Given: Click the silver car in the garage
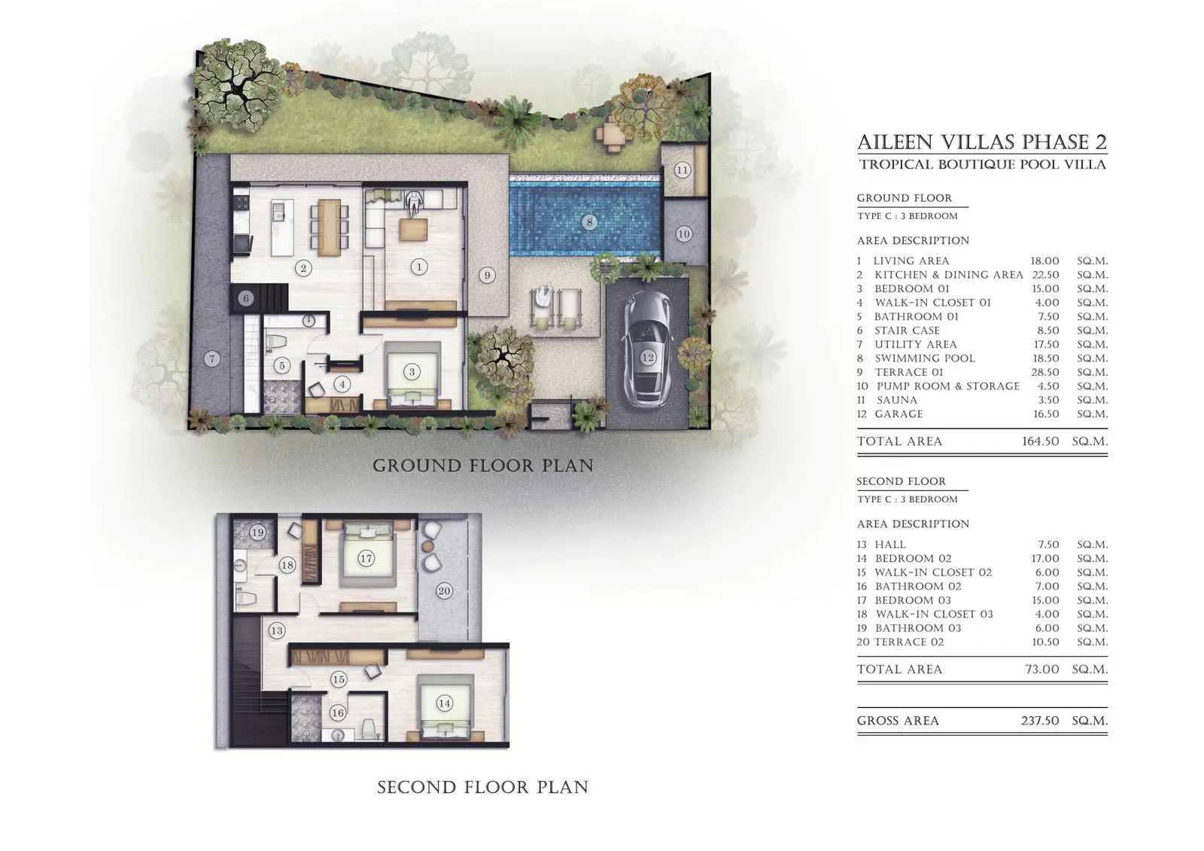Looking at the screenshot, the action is tap(646, 349).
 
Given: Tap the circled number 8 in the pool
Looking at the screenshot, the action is tap(589, 222).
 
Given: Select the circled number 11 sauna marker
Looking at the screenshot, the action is tap(682, 170).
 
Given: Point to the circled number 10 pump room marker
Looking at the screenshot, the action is tap(683, 234).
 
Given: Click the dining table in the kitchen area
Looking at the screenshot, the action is tap(329, 227).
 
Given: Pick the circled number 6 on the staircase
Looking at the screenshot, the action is tap(245, 298).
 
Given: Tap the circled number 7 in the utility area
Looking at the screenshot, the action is tap(211, 358).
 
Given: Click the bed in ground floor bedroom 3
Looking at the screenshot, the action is tap(412, 374).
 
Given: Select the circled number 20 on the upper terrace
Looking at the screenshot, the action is tap(443, 590).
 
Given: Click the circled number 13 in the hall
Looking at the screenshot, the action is tap(277, 630).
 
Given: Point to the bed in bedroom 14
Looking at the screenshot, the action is tap(445, 709).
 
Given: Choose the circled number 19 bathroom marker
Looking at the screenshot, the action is tap(257, 532).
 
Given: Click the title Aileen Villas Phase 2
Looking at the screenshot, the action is tap(981, 142).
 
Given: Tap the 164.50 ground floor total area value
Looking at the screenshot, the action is tap(1040, 441).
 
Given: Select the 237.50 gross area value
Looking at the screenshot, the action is tap(1039, 721).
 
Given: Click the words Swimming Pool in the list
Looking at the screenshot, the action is tap(925, 358).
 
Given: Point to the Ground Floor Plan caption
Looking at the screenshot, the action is tap(483, 465).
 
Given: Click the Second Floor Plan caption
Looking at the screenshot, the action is tap(482, 787).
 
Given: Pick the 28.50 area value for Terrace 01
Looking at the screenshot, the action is tap(1044, 372).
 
